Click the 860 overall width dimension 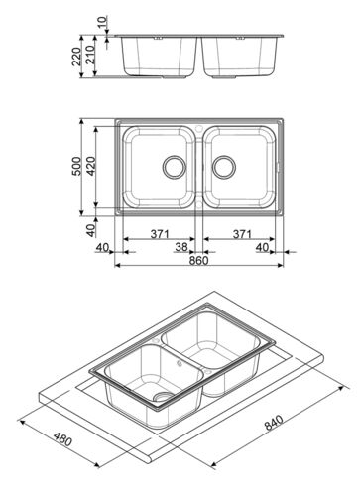click(x=198, y=261)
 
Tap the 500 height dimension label click(x=76, y=166)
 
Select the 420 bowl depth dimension click(x=91, y=166)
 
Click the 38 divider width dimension click(x=181, y=247)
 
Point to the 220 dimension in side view click(x=76, y=57)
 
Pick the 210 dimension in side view click(x=90, y=55)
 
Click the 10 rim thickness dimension click(x=103, y=22)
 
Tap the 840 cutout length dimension click(x=274, y=423)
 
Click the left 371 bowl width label click(x=160, y=234)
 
